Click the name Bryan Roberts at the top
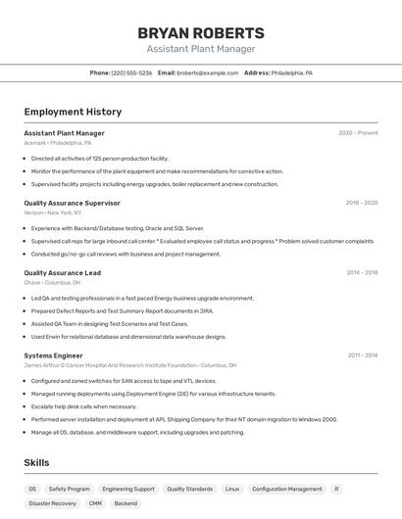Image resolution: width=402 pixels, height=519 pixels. (x=201, y=32)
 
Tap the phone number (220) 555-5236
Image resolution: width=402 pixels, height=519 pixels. (x=131, y=72)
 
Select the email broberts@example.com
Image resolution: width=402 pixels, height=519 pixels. (x=207, y=72)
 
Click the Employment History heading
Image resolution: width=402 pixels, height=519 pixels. (x=73, y=113)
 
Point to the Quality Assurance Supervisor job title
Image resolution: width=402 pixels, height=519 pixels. (x=72, y=203)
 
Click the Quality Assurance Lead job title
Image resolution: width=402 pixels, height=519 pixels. (x=62, y=273)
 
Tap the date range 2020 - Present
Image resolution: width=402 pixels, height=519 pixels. (x=358, y=133)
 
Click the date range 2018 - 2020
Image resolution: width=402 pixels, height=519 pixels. (x=361, y=203)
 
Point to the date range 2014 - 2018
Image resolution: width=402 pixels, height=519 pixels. (x=361, y=273)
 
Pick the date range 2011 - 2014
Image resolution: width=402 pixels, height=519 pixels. (x=362, y=355)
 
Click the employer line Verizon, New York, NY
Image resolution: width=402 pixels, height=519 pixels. (x=52, y=212)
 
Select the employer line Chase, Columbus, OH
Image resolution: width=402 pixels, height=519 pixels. (x=52, y=282)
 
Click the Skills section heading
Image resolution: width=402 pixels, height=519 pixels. (x=36, y=462)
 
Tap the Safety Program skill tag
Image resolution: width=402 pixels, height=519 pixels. (x=69, y=489)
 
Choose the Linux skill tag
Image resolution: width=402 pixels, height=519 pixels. (x=231, y=489)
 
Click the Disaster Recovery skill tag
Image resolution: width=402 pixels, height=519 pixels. (x=52, y=503)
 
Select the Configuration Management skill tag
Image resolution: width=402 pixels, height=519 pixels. (x=286, y=489)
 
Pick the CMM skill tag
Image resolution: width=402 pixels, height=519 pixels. (x=95, y=503)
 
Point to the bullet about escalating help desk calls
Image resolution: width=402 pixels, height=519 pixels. (x=83, y=406)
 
